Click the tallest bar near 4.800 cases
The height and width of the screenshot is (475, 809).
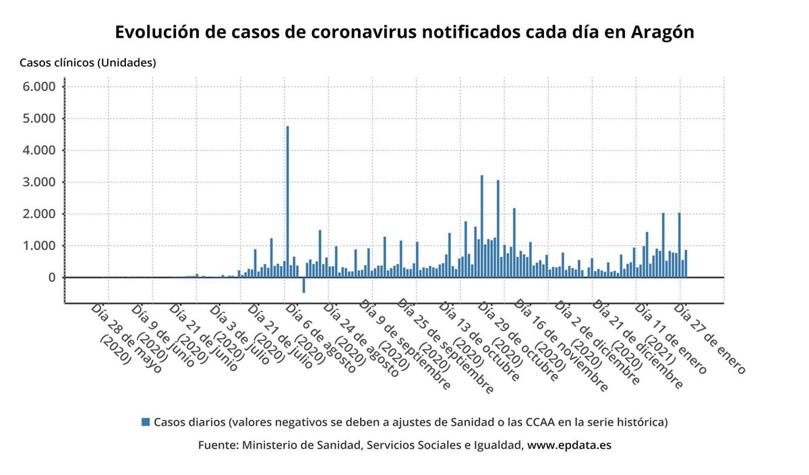pyautogui.click(x=288, y=202)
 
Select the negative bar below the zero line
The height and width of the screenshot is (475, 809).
pyautogui.click(x=304, y=285)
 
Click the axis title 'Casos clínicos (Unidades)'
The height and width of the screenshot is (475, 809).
pyautogui.click(x=88, y=63)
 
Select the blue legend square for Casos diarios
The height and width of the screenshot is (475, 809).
pyautogui.click(x=145, y=422)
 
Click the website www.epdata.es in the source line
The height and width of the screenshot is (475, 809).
pyautogui.click(x=569, y=445)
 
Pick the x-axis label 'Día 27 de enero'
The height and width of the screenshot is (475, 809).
pyautogui.click(x=709, y=339)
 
